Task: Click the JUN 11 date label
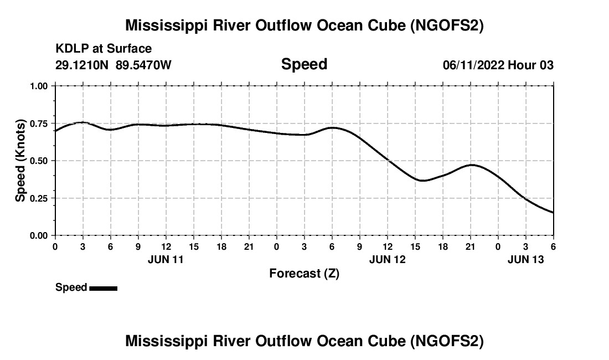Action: coord(166,259)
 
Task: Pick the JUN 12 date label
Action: coord(388,259)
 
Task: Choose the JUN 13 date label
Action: coord(526,259)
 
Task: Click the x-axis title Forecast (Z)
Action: coord(304,273)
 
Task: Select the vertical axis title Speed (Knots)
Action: coord(20,160)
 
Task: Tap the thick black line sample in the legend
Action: coord(103,288)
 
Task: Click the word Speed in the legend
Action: coord(71,287)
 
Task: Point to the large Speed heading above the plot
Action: coord(304,64)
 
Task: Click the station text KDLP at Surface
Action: coord(104,49)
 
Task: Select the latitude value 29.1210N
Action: coord(82,65)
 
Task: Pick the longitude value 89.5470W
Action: coord(144,65)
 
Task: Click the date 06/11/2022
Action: coord(473,65)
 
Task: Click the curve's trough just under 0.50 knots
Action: coord(422,181)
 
